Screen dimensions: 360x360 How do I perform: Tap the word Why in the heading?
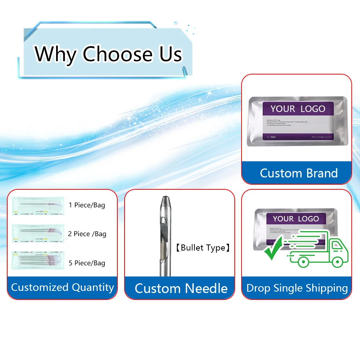56,54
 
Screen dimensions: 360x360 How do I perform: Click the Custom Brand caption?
299,173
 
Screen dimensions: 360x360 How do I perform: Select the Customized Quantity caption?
62,287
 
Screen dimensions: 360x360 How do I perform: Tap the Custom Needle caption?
181,288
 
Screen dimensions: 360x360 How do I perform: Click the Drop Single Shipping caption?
297,288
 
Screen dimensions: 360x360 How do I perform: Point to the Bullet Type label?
203,248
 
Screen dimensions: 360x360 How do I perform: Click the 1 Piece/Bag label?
87,205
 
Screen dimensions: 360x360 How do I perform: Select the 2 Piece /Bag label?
87,234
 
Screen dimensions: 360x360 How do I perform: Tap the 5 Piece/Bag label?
87,263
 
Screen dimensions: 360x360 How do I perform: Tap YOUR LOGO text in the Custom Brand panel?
298,109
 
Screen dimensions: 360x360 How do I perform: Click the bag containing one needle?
38,206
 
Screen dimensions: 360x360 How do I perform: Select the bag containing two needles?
38,233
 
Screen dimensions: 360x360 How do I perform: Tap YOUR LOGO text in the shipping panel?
296,219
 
